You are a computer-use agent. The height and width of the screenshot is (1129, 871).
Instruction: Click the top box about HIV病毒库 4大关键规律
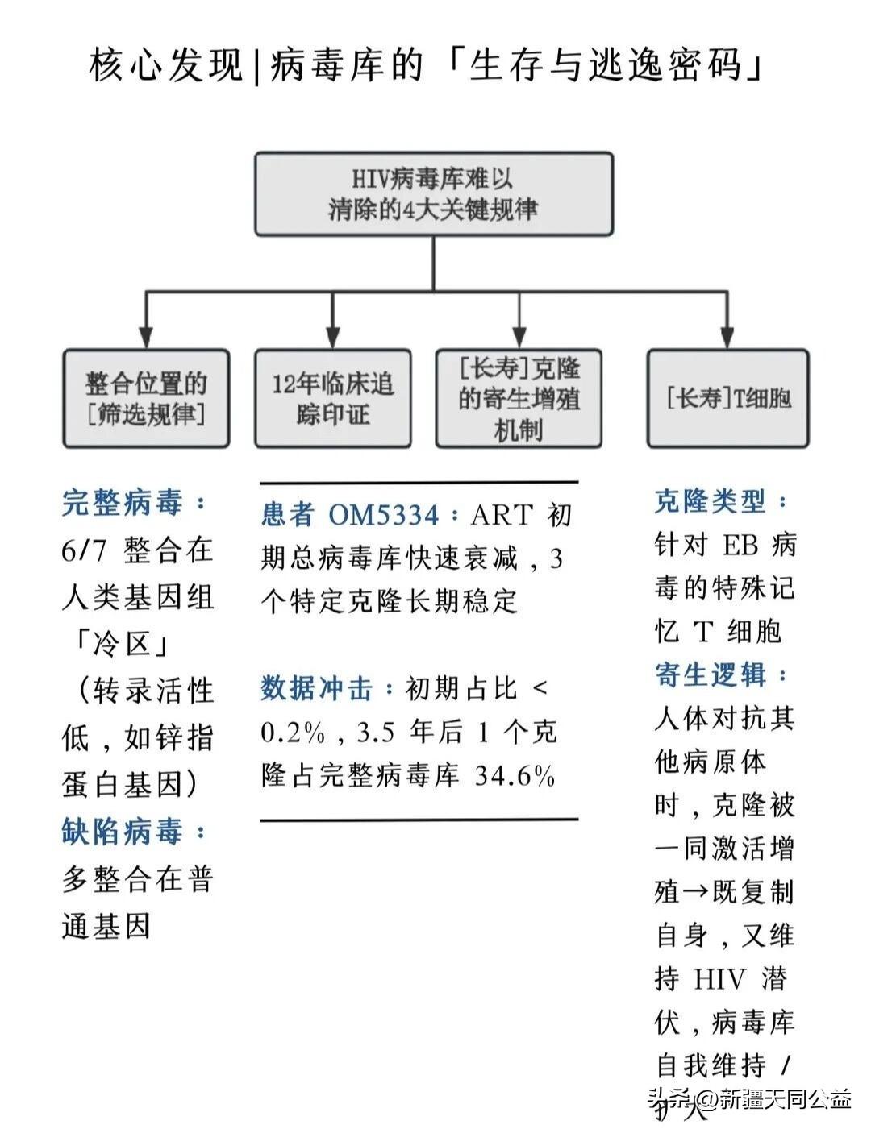434,193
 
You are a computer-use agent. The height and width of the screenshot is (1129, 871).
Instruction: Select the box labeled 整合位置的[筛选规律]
146,398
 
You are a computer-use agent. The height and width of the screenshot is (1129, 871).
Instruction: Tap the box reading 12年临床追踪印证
332,398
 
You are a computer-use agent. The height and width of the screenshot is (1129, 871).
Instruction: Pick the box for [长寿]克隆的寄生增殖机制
519,398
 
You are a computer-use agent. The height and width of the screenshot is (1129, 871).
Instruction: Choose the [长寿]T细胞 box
727,398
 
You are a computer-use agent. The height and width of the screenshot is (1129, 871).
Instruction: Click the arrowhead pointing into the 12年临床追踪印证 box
332,338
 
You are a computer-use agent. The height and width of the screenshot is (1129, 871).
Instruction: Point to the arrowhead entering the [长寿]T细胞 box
727,338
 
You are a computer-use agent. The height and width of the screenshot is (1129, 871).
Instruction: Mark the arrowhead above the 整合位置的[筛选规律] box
146,338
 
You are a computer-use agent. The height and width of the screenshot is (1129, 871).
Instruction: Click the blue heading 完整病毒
123,503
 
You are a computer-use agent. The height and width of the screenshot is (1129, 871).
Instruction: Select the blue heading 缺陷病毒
123,832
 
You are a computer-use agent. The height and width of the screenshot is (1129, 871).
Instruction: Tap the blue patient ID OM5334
384,515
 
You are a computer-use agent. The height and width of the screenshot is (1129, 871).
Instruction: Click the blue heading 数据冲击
318,689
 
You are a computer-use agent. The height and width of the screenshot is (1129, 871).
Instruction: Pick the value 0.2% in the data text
293,733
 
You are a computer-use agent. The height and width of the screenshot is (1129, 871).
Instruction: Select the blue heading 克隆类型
710,502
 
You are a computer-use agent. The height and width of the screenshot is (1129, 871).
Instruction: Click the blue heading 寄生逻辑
710,674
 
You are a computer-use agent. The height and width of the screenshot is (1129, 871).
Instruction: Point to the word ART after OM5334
502,515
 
